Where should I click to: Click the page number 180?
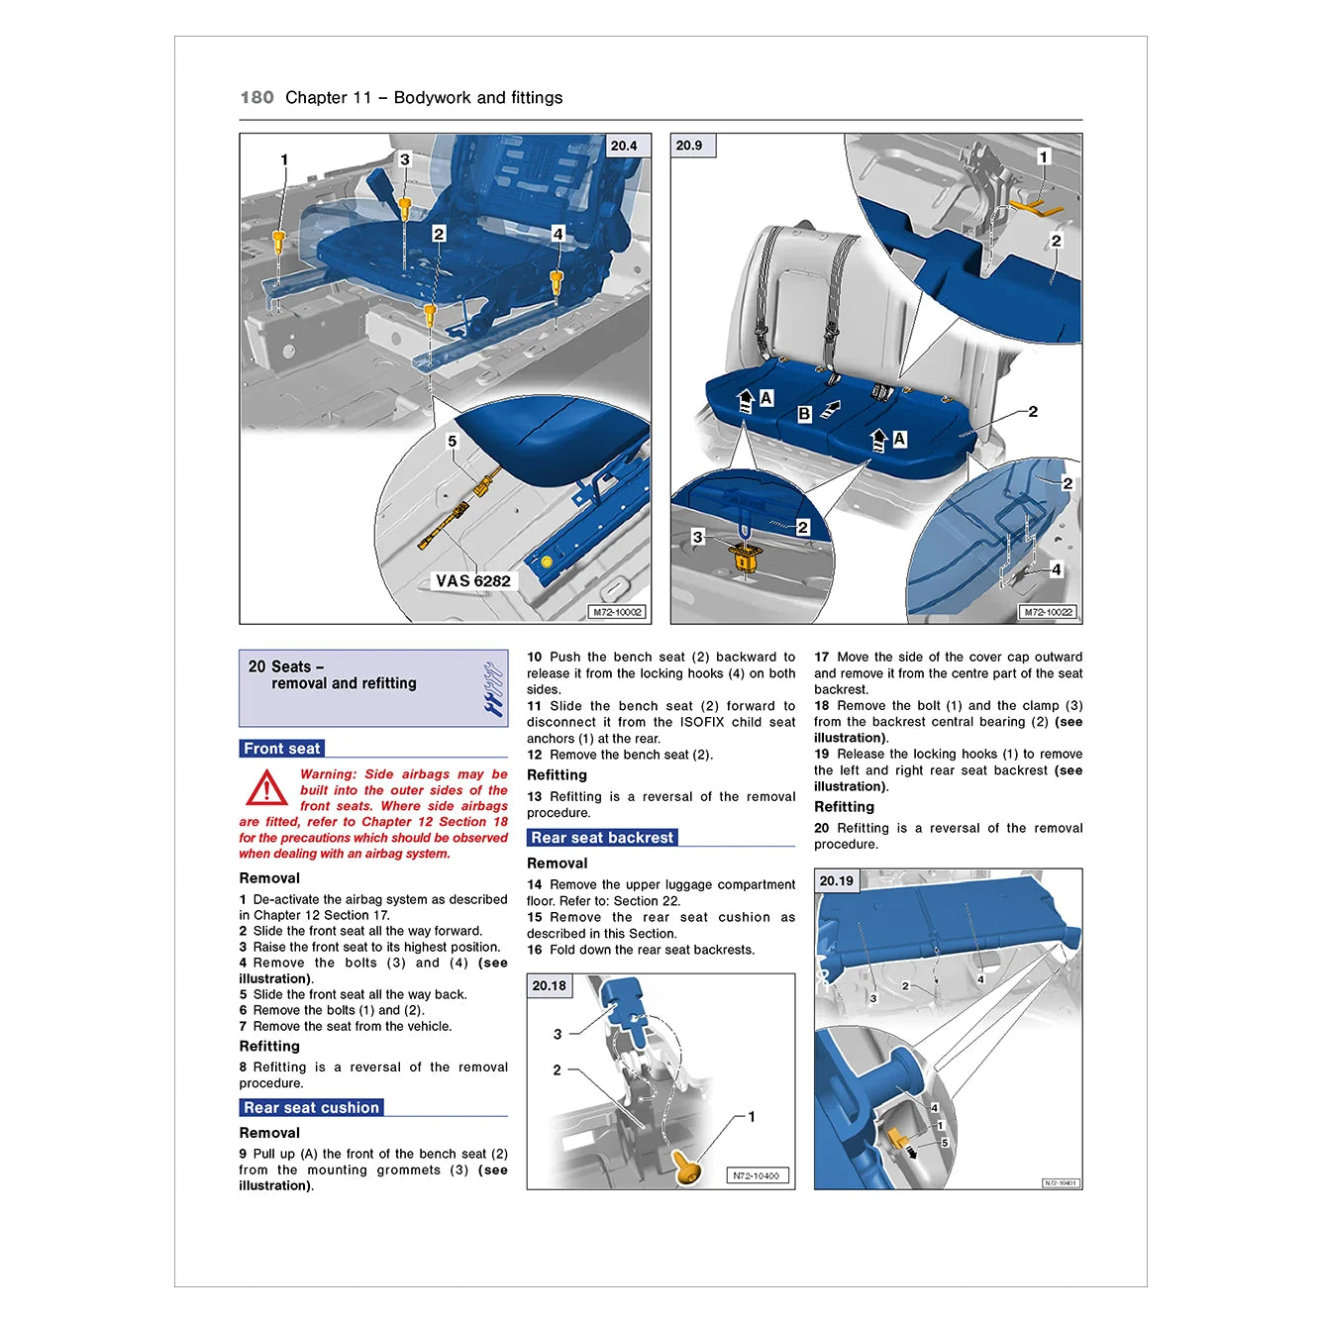[256, 97]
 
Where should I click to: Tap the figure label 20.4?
[624, 146]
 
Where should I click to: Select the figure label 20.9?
[689, 146]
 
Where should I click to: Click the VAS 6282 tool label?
[473, 581]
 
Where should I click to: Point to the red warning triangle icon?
[266, 789]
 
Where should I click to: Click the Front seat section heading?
[282, 749]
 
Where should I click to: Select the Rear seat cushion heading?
[311, 1108]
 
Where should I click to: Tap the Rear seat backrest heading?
[602, 838]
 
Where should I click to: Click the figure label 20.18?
[550, 985]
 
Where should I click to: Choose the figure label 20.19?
[837, 880]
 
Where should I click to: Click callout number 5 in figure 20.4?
[453, 442]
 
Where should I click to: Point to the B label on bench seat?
[804, 414]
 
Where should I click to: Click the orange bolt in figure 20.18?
[686, 1168]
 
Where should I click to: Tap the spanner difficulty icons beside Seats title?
[492, 689]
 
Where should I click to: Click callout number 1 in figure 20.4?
[284, 159]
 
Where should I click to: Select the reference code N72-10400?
[756, 1175]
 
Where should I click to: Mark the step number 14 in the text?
[535, 884]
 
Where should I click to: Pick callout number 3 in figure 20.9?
[697, 537]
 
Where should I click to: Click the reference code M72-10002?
[617, 612]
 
